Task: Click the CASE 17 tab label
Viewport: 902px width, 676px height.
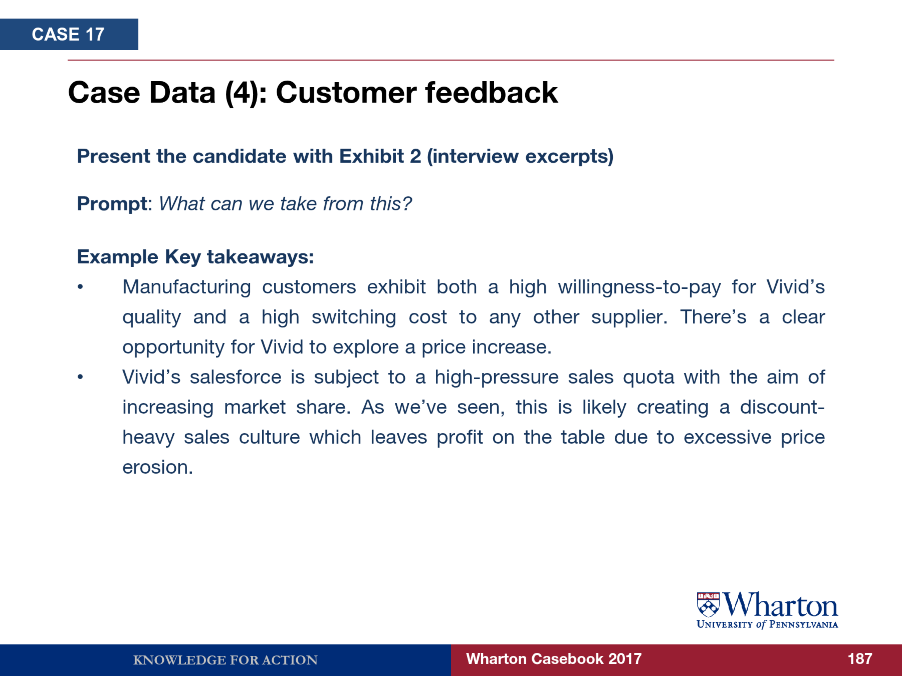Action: pyautogui.click(x=68, y=34)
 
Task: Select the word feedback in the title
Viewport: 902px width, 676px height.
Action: pyautogui.click(x=491, y=92)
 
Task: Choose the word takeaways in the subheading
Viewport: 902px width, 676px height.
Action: pyautogui.click(x=260, y=257)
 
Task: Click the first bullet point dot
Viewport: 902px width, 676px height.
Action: pyautogui.click(x=80, y=287)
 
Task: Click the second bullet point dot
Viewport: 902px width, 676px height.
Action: pyautogui.click(x=80, y=377)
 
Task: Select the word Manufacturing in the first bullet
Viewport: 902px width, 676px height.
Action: pyautogui.click(x=187, y=287)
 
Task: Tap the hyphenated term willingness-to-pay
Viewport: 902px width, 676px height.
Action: pyautogui.click(x=639, y=287)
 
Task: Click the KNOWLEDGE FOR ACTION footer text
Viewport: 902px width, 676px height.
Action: pyautogui.click(x=225, y=660)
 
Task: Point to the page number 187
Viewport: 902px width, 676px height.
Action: pyautogui.click(x=860, y=659)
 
